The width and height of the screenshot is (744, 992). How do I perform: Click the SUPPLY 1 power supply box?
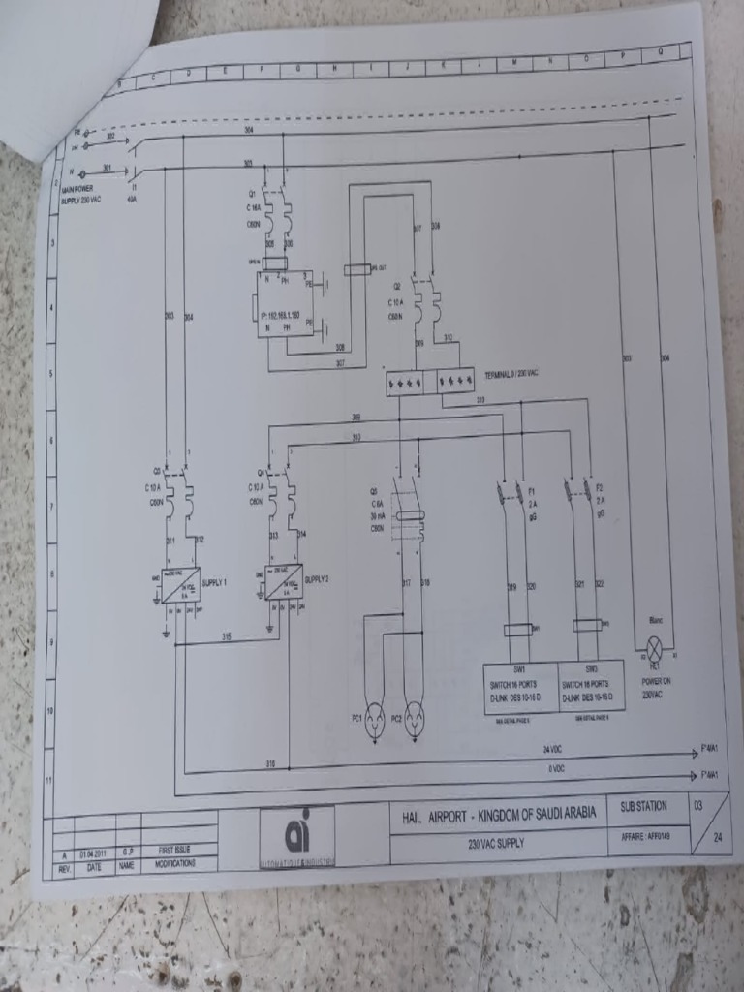click(180, 585)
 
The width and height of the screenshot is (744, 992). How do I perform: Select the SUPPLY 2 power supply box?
click(284, 581)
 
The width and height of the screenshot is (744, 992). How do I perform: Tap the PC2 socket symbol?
click(414, 719)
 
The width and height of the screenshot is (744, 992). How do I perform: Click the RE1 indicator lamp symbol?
click(654, 648)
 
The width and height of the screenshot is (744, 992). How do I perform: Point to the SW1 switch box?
click(520, 688)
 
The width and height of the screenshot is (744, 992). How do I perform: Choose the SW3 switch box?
click(591, 686)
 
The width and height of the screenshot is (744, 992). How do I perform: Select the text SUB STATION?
click(644, 806)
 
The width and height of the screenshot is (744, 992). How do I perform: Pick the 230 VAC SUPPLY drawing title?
click(495, 843)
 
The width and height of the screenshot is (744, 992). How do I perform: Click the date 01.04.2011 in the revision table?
click(93, 852)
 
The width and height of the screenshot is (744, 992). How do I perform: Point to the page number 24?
click(715, 836)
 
